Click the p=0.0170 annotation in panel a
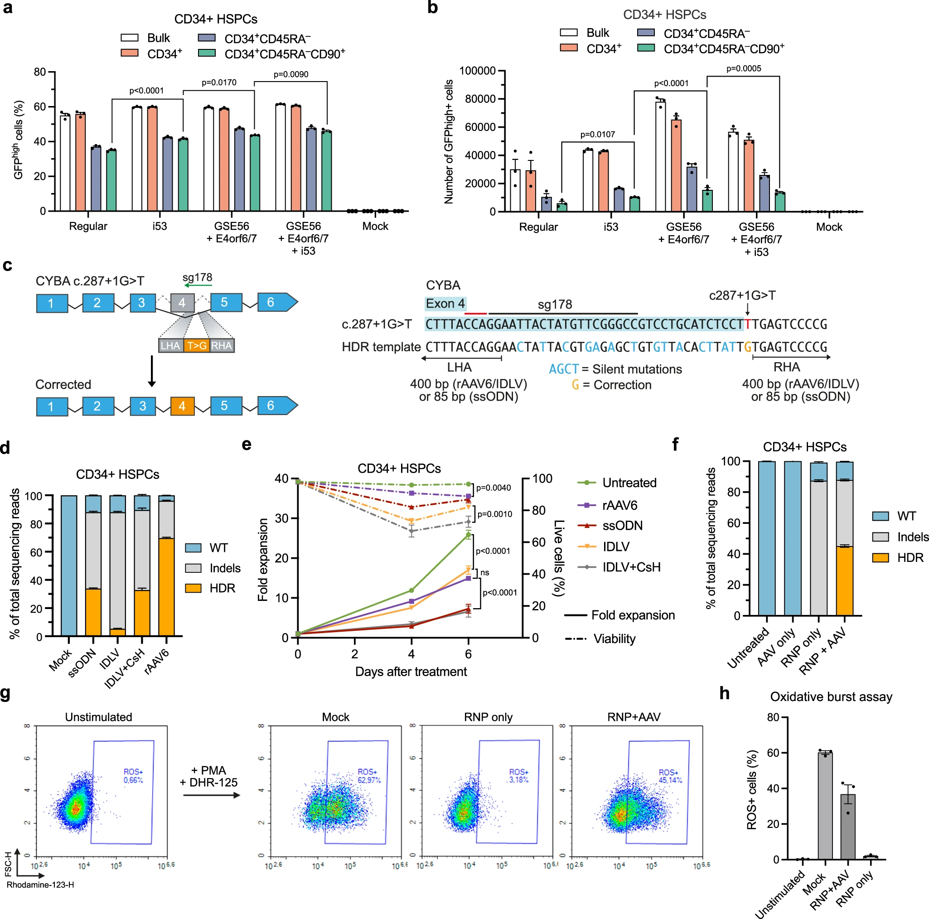coord(219,83)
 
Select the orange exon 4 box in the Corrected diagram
coord(182,406)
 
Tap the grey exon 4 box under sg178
coord(182,303)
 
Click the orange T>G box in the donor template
coord(197,345)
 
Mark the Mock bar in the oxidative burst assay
coord(825,806)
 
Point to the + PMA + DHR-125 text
coord(209,776)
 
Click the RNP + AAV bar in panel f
coord(844,538)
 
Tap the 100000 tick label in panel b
coord(478,71)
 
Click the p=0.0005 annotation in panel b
coord(743,68)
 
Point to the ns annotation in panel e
coord(485,572)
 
